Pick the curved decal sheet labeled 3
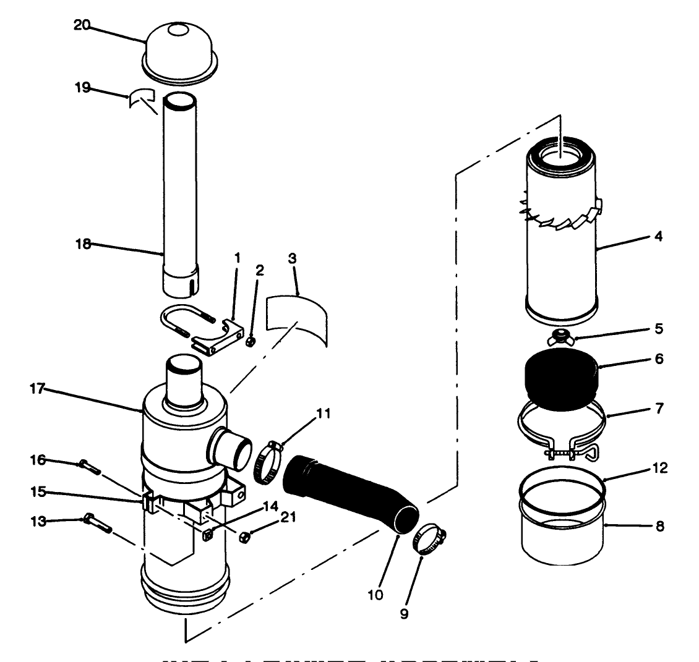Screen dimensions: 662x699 click(297, 320)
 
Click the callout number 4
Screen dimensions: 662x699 click(658, 236)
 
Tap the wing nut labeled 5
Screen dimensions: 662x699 click(560, 337)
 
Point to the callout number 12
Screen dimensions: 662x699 click(659, 468)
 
